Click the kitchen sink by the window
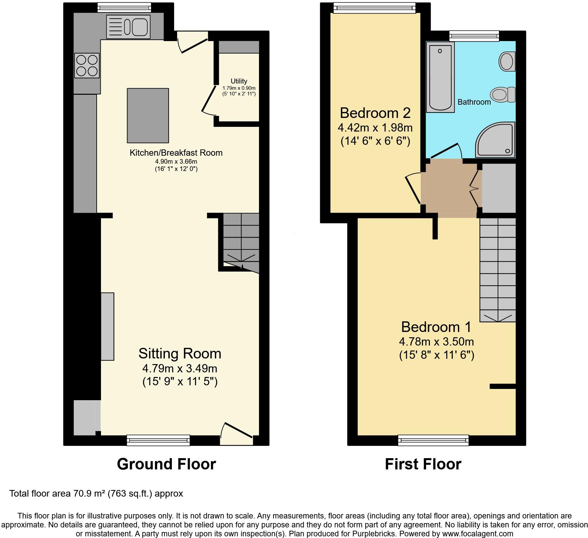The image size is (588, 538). click(x=128, y=27)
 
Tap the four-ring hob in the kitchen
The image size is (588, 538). click(x=87, y=65)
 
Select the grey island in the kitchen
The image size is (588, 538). click(x=148, y=115)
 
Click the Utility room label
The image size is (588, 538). click(x=239, y=81)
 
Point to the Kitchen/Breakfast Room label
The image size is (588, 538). click(x=176, y=153)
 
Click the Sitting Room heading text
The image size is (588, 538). click(x=179, y=353)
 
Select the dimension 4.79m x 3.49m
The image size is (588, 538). click(x=179, y=368)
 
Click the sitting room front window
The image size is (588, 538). click(x=158, y=440)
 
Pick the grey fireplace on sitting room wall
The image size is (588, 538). click(x=107, y=326)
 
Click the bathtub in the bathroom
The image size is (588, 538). click(x=440, y=77)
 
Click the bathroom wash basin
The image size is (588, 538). click(x=507, y=61)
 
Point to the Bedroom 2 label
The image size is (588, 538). click(x=375, y=113)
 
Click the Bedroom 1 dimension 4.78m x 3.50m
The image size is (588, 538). click(x=436, y=341)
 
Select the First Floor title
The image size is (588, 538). click(x=423, y=464)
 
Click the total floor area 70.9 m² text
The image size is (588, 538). click(x=96, y=494)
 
